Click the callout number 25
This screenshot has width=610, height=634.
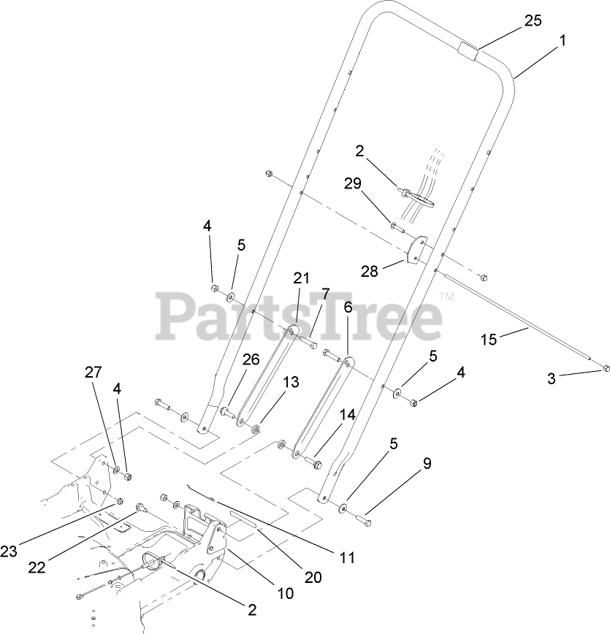click(x=533, y=20)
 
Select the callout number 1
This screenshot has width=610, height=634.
click(x=563, y=42)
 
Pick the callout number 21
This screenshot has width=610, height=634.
click(x=302, y=278)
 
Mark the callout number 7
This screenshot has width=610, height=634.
click(x=326, y=294)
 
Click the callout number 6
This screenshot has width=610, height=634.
click(x=348, y=308)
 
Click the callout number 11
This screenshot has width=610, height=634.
click(x=348, y=558)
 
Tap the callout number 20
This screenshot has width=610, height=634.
click(x=313, y=576)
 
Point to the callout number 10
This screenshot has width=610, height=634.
click(x=285, y=593)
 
